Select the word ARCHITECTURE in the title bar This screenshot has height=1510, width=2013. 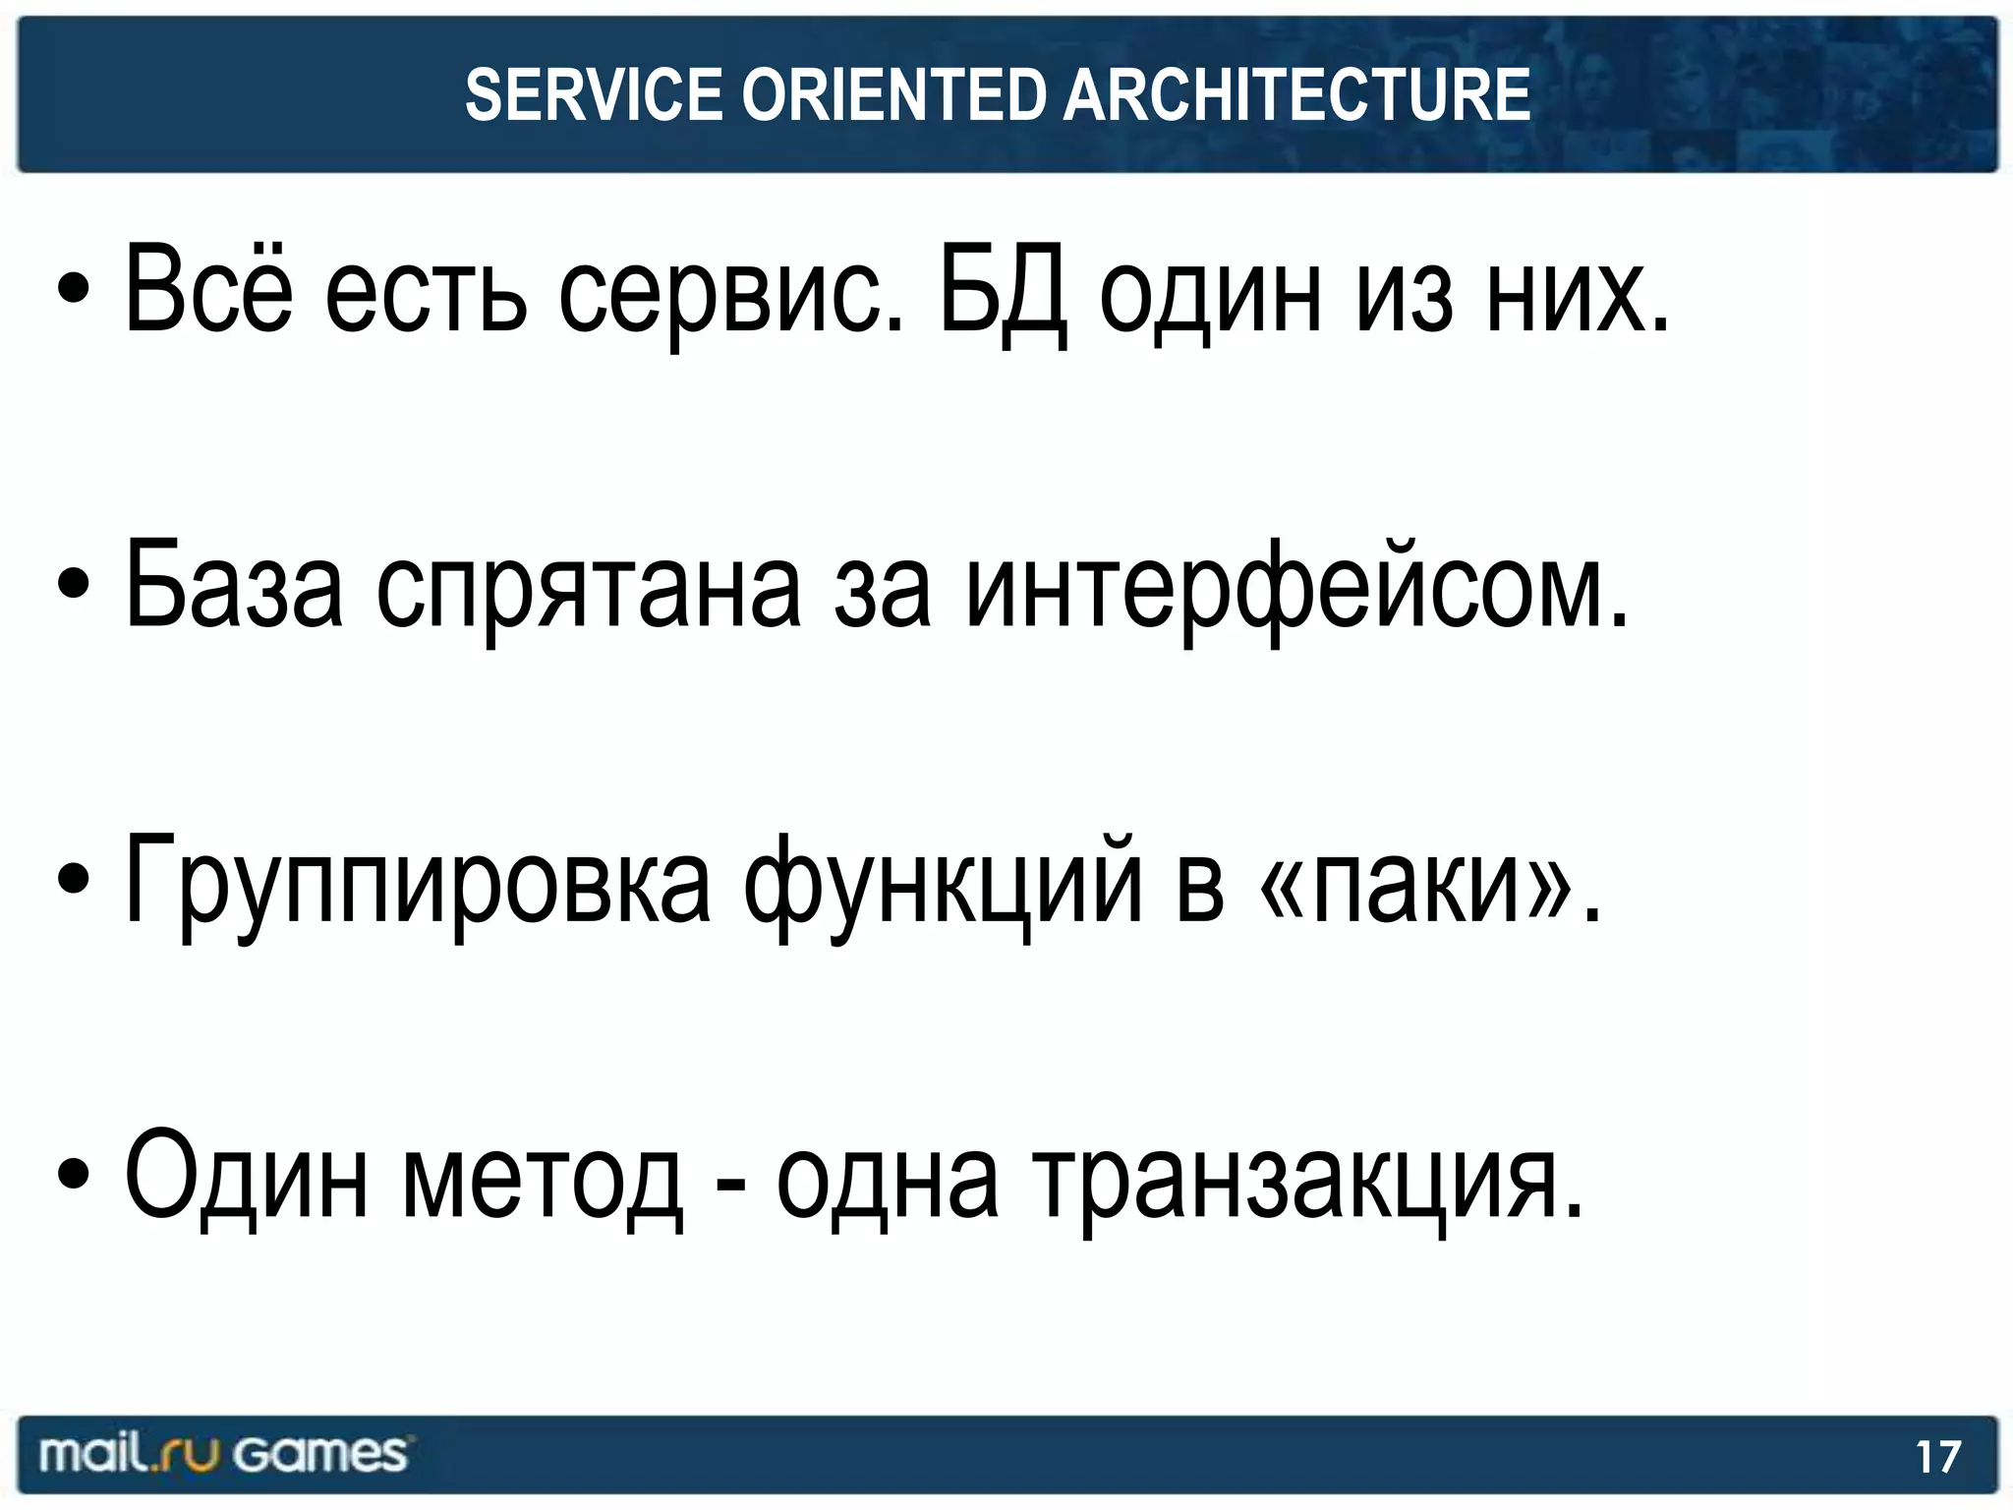click(1296, 95)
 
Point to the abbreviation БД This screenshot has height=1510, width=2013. click(1003, 292)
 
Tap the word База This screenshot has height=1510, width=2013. click(235, 587)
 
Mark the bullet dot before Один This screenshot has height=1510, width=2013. click(75, 1174)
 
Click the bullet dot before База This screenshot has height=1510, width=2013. click(75, 584)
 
